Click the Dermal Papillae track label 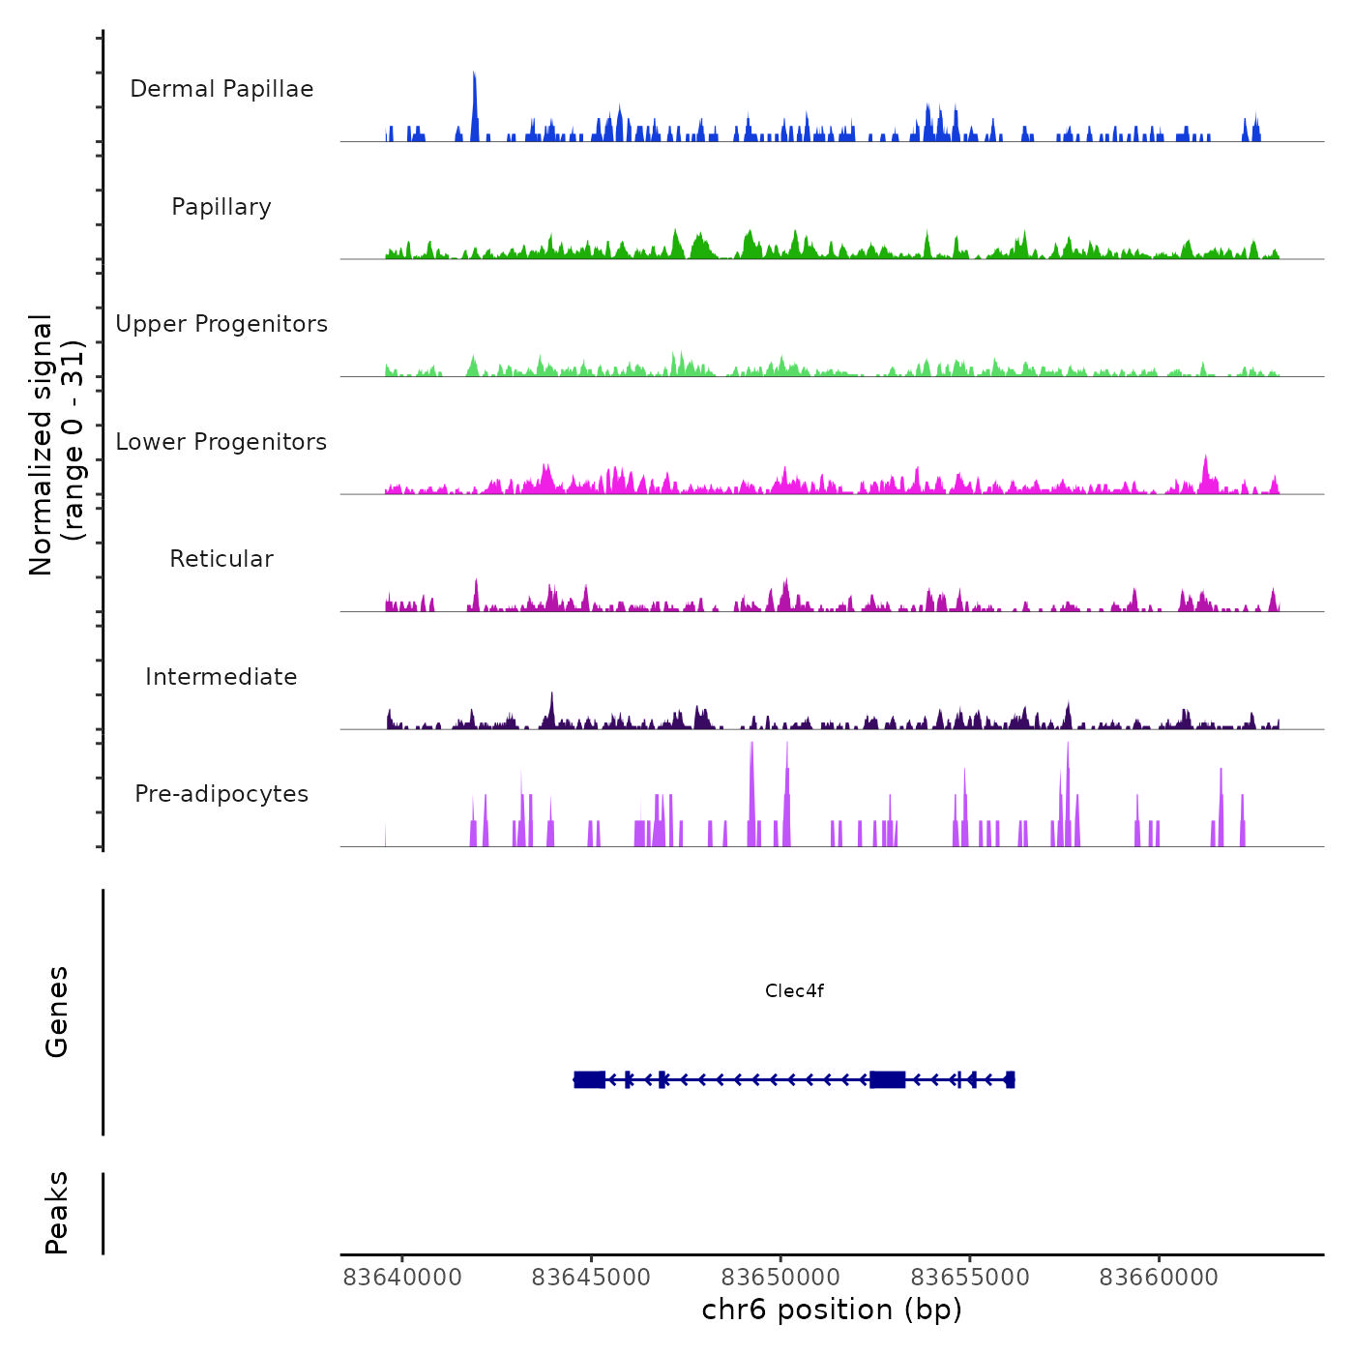click(221, 89)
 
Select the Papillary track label click(221, 207)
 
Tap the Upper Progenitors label click(221, 324)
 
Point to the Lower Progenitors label click(221, 442)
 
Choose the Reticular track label click(221, 559)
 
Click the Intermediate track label click(221, 677)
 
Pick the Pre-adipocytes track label click(221, 794)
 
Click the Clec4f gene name click(794, 990)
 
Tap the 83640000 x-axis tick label click(402, 1278)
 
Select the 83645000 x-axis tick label click(591, 1278)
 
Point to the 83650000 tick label click(780, 1278)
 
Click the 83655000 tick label click(970, 1278)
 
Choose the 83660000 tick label click(1159, 1278)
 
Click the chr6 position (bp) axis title click(832, 1310)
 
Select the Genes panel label click(57, 1012)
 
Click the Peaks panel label click(57, 1213)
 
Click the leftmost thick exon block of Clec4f click(589, 1079)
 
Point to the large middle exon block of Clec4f click(887, 1079)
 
